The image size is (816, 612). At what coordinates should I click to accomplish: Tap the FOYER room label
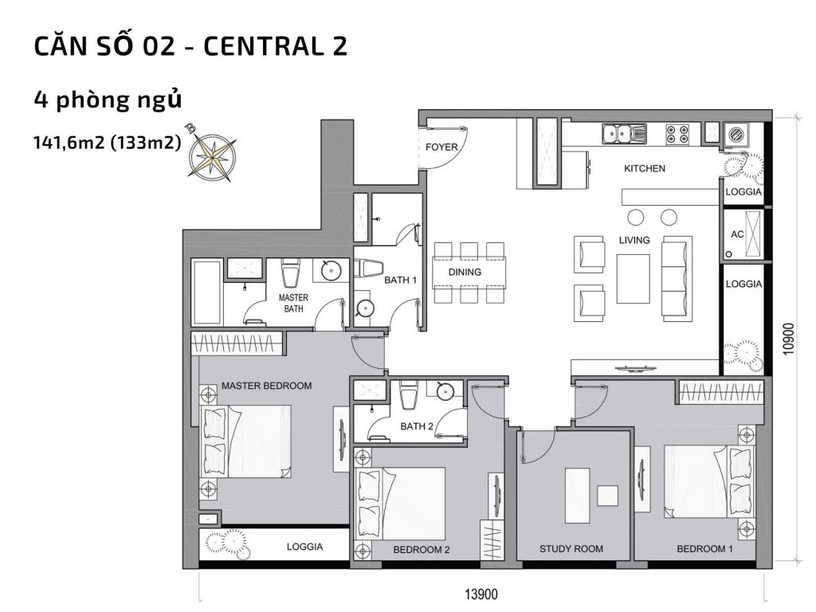pos(441,147)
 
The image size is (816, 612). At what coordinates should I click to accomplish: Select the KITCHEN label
pos(644,169)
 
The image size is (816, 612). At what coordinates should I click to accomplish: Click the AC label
pos(737,235)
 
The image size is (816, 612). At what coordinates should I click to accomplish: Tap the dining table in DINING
pos(469,273)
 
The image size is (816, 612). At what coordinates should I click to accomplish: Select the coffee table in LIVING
pos(634,278)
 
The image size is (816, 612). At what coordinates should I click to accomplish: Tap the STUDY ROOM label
pos(571,548)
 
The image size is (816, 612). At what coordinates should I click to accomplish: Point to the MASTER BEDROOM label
pos(266,386)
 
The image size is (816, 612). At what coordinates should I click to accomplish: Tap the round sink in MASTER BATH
pos(331,272)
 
